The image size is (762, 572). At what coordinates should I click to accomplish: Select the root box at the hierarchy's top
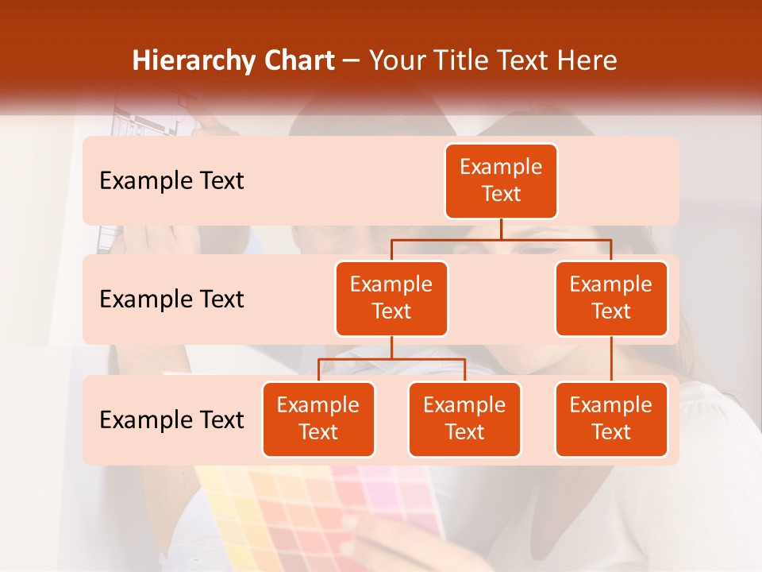501,181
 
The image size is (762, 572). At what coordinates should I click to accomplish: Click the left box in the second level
391,299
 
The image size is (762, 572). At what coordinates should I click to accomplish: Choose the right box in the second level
611,299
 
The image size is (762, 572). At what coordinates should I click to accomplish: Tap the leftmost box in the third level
318,419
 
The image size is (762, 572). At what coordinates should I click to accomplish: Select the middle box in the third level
464,419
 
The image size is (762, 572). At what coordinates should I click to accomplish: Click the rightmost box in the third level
611,419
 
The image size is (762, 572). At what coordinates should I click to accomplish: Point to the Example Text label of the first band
171,181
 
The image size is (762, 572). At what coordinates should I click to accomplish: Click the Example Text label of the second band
171,300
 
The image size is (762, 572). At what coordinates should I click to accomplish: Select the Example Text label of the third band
171,419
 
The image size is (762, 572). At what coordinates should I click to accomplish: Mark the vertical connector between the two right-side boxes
611,359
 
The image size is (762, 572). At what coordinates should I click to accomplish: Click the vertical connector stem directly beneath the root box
501,229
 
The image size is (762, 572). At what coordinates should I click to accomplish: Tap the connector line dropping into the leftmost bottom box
318,370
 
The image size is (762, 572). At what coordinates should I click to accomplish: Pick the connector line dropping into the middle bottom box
464,370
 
